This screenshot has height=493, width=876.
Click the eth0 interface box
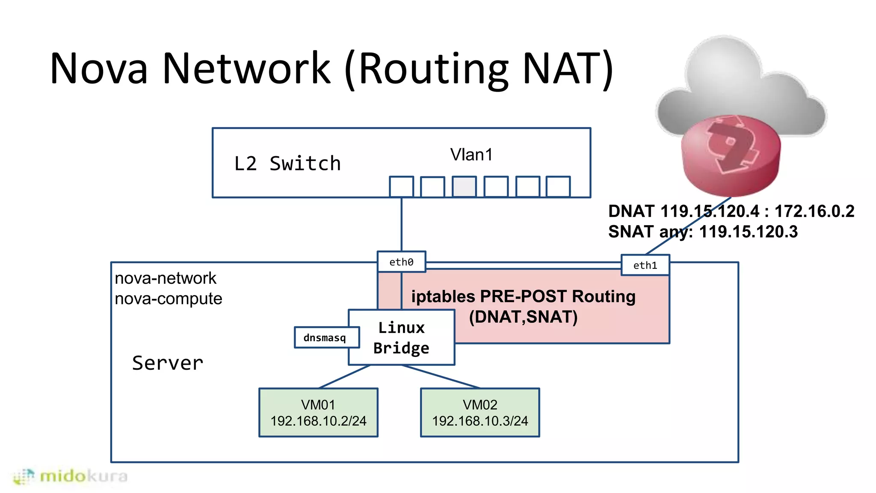pyautogui.click(x=401, y=261)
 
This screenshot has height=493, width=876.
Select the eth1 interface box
pyautogui.click(x=645, y=265)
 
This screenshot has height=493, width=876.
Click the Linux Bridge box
pyautogui.click(x=401, y=338)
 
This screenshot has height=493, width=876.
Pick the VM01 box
pyautogui.click(x=318, y=413)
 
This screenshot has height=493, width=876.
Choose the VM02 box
pyautogui.click(x=480, y=413)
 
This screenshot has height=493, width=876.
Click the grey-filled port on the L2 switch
pyautogui.click(x=464, y=187)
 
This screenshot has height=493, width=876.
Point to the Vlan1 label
pyautogui.click(x=471, y=154)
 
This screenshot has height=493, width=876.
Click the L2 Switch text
pyautogui.click(x=287, y=163)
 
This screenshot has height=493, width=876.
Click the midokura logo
pyautogui.click(x=71, y=476)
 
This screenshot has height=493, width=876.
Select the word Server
pyautogui.click(x=168, y=363)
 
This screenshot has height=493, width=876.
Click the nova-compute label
pyautogui.click(x=169, y=298)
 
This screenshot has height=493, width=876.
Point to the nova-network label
pyautogui.click(x=166, y=278)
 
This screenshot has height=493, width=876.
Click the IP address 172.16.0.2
pyautogui.click(x=814, y=211)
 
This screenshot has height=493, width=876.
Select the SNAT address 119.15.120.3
pyautogui.click(x=748, y=232)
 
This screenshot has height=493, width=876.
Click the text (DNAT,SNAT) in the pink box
pyautogui.click(x=523, y=317)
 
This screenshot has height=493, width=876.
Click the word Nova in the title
pyautogui.click(x=99, y=68)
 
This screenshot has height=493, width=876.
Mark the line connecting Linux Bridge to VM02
pyautogui.click(x=441, y=377)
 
